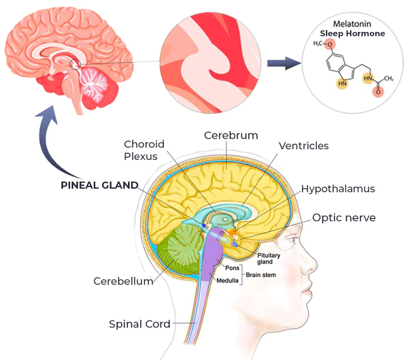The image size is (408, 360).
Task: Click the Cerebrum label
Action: (231, 135)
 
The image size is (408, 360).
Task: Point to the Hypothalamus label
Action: (338, 189)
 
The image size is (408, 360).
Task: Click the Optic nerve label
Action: (343, 218)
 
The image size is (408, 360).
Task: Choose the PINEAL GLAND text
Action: (99, 184)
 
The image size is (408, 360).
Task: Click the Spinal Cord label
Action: (139, 324)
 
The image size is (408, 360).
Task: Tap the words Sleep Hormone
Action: (352, 33)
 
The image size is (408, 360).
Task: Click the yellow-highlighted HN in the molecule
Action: (342, 84)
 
